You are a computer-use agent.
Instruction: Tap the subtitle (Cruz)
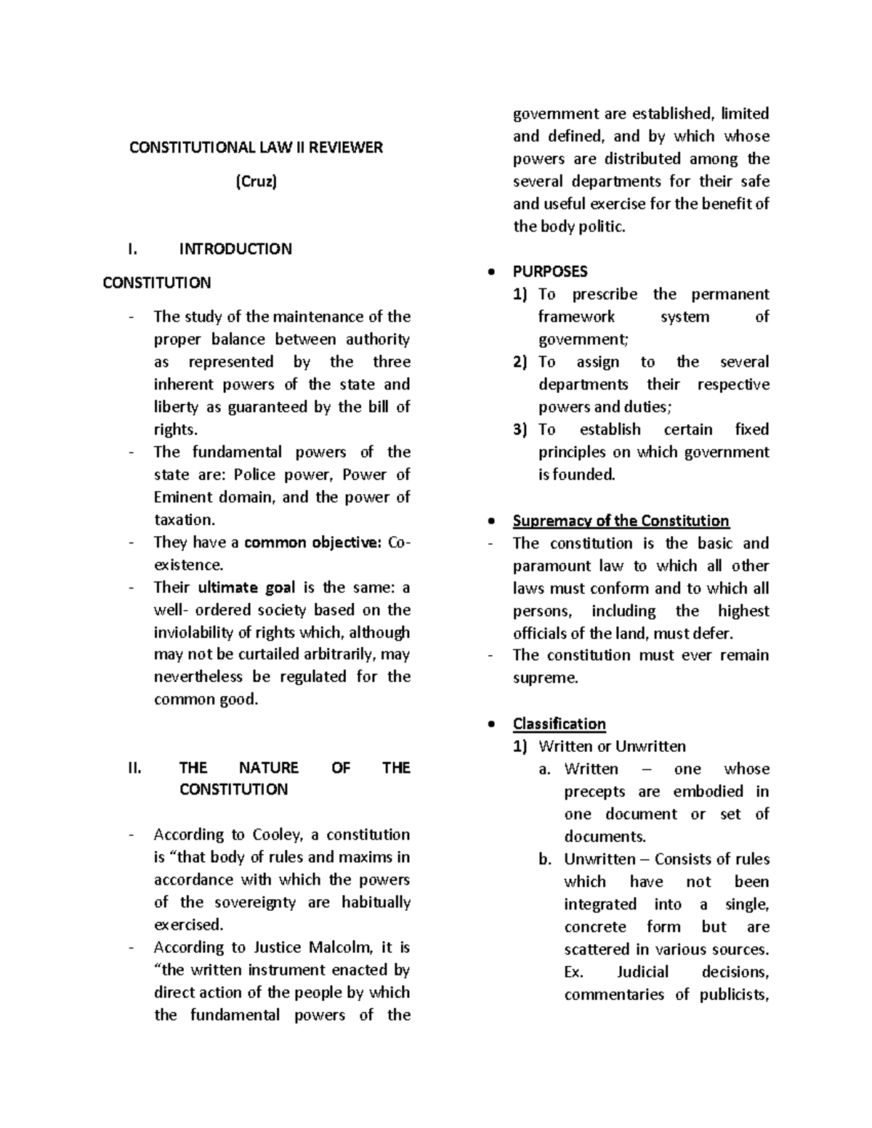coord(256,182)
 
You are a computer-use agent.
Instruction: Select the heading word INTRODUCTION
coord(235,249)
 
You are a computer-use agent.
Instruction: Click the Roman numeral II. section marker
coord(134,768)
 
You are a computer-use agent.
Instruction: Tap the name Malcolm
coord(341,947)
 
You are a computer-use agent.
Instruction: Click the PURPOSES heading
coord(550,272)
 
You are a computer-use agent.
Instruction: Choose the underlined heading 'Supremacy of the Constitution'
coord(621,521)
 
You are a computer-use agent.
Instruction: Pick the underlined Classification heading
coord(559,723)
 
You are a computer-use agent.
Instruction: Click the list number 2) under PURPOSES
coord(520,362)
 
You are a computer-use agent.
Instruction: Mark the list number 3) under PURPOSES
coord(520,429)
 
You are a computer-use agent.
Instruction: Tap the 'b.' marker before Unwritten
coord(546,859)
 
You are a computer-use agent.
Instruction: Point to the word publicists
coord(734,994)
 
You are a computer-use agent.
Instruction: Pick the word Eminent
coord(180,498)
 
